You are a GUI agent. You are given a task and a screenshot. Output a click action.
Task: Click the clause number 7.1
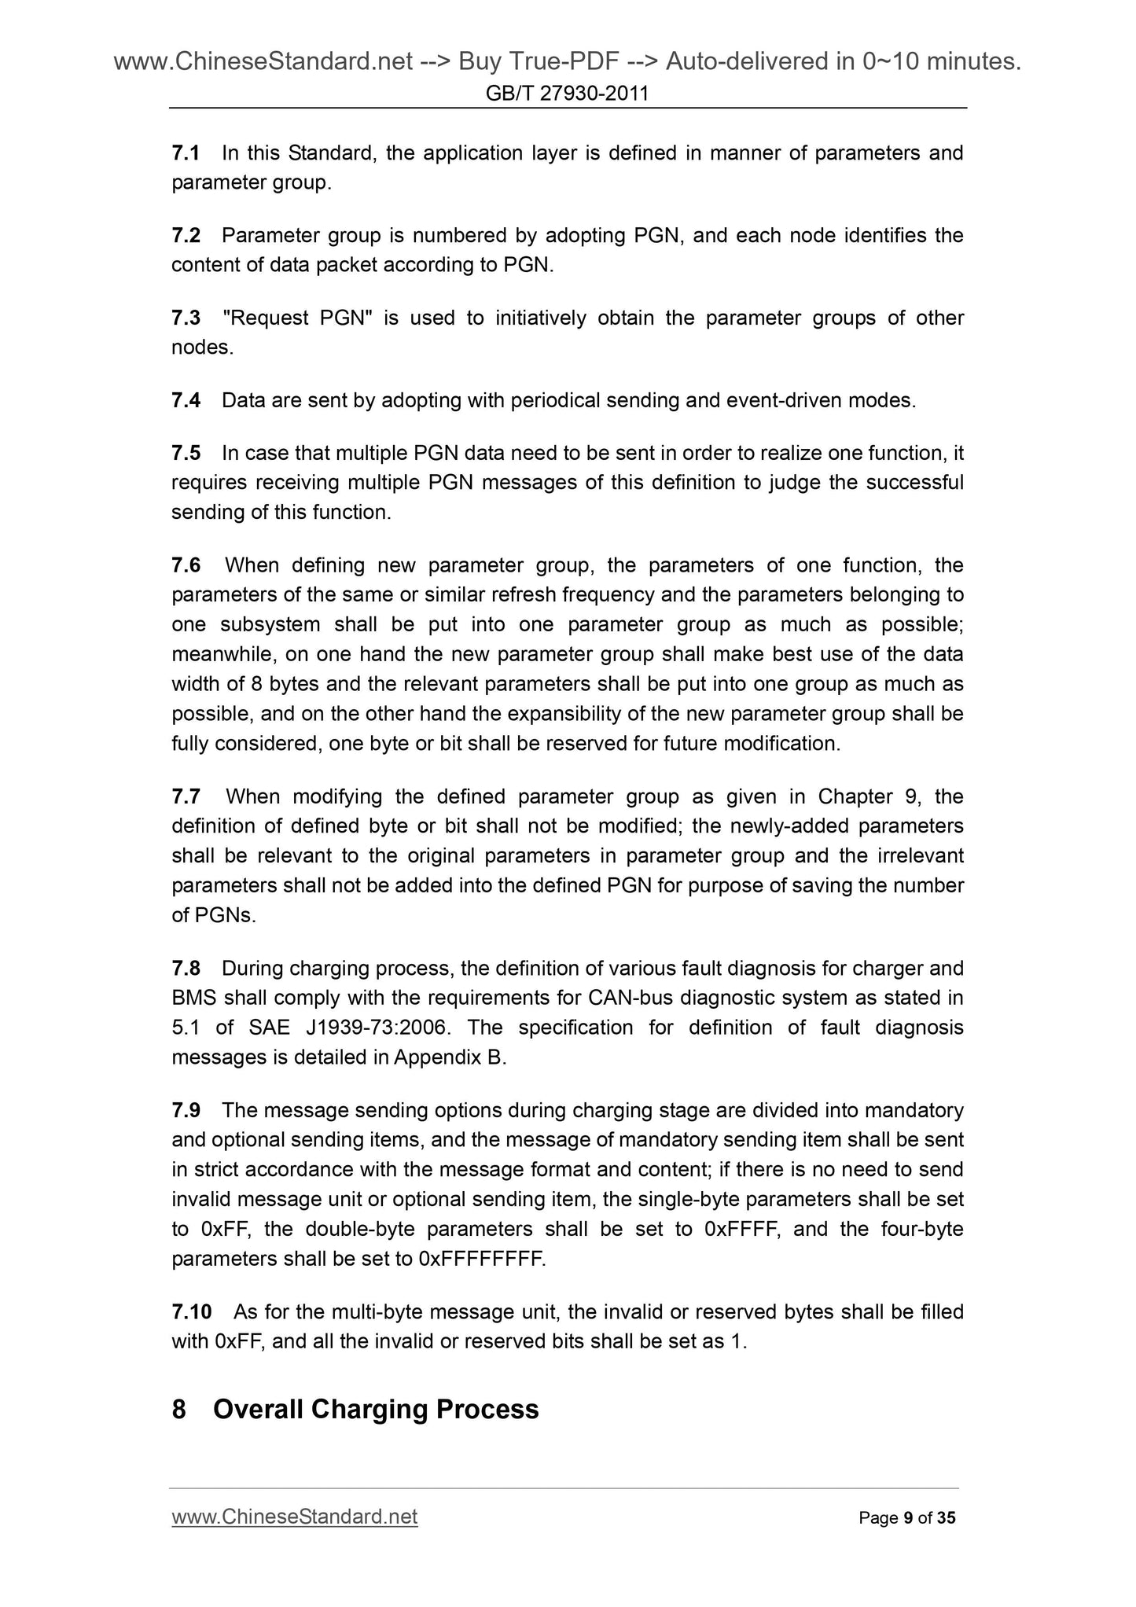coord(186,153)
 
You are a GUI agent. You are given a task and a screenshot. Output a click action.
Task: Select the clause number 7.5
coord(186,453)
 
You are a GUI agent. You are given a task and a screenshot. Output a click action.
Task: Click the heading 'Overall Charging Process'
coord(376,1409)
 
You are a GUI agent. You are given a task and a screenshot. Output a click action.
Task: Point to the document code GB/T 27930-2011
coord(568,94)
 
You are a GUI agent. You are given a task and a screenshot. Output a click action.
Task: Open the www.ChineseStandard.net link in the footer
coord(294,1517)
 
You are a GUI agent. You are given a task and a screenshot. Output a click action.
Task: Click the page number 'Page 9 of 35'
coord(907,1518)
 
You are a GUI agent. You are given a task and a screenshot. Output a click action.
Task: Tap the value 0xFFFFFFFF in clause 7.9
coord(482,1259)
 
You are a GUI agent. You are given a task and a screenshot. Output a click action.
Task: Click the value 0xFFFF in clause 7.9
coord(742,1229)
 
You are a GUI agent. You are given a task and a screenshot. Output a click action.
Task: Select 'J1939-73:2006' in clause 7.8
coord(379,1028)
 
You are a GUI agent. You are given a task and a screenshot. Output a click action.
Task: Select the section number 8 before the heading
coord(178,1409)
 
